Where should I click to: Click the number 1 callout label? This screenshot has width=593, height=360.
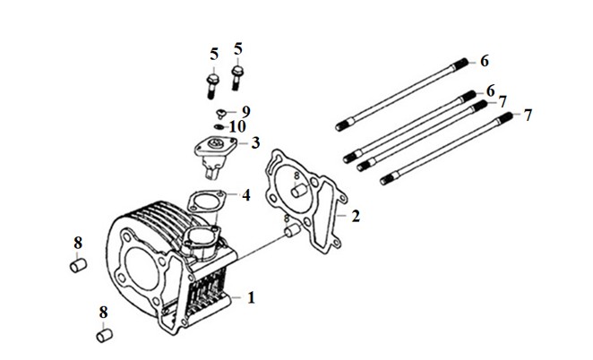coord(251,297)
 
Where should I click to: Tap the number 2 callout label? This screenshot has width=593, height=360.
coord(356,216)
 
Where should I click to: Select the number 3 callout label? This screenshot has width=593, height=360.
coord(255,143)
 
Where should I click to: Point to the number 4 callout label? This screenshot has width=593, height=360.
coord(246,195)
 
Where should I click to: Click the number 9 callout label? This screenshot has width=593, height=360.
coord(245,111)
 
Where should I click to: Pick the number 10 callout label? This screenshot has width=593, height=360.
coord(237,126)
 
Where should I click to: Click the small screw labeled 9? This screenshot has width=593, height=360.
coord(221,113)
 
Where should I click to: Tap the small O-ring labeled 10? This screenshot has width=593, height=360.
coord(219,126)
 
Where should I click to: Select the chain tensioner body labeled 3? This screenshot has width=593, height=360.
coord(215,156)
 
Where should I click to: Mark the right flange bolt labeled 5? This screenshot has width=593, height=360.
coord(237,78)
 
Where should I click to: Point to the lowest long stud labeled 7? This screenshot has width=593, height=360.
coord(446,149)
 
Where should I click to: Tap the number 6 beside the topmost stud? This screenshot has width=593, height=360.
coord(485,61)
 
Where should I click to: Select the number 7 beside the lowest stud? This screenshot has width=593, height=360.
coord(528,115)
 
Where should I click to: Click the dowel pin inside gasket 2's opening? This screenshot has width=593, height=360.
coord(299,191)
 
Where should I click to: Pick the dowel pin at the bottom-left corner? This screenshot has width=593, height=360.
coord(105,336)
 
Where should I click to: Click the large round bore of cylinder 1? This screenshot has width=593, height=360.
coord(141,269)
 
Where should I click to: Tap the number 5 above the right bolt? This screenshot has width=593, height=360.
coord(237,49)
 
